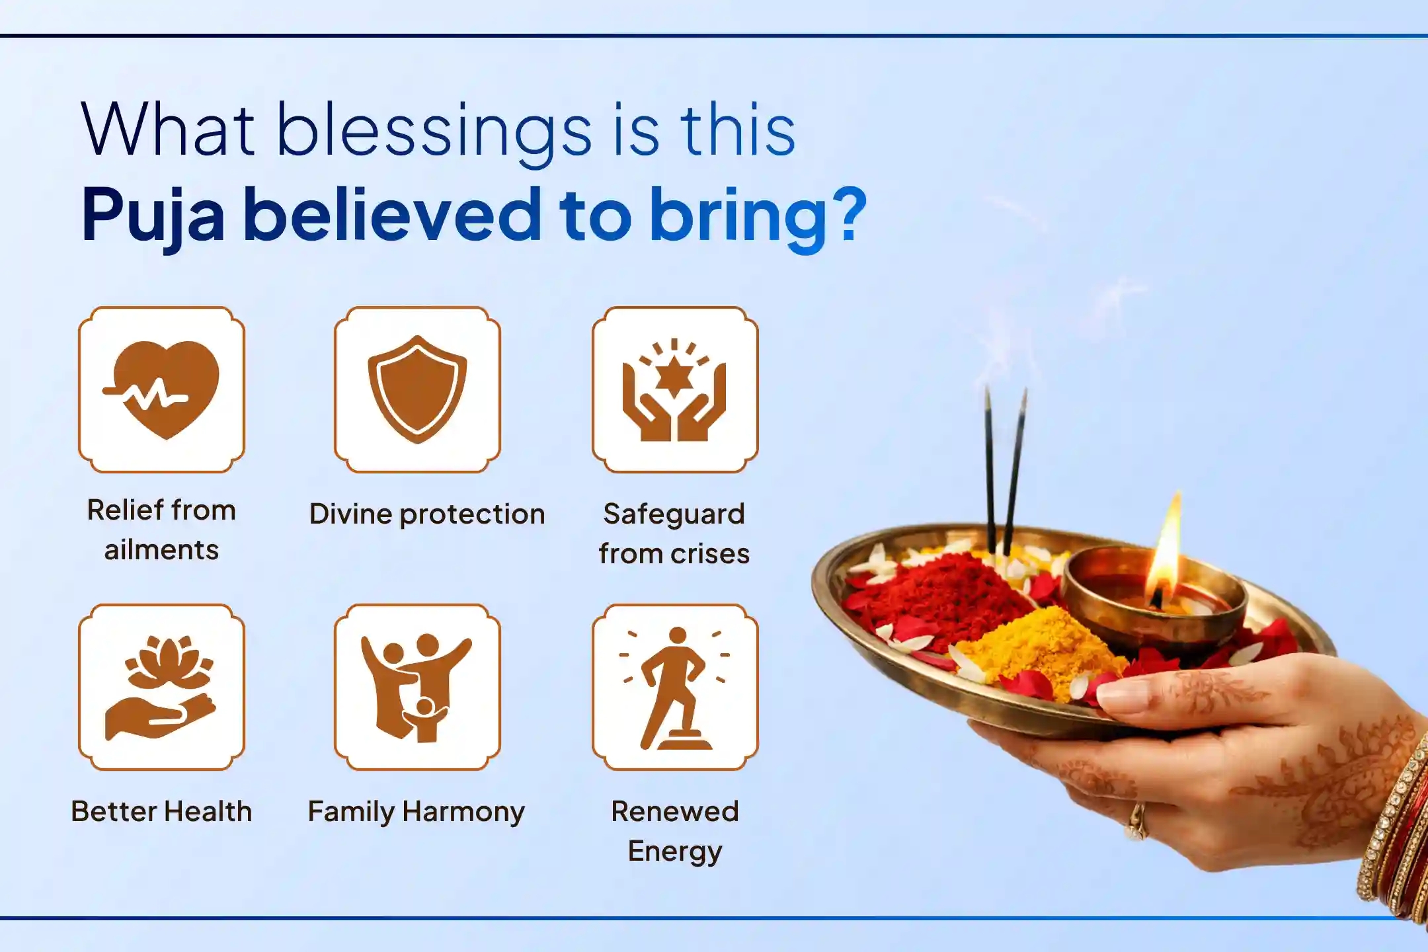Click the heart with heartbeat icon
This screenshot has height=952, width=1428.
(x=161, y=389)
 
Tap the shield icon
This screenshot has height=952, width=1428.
(x=417, y=389)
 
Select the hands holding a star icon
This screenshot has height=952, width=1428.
(x=674, y=389)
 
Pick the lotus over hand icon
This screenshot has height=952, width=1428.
(x=161, y=687)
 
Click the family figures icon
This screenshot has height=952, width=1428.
(x=417, y=687)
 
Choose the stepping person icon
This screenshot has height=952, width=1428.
(x=674, y=687)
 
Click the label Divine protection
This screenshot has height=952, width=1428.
(x=427, y=514)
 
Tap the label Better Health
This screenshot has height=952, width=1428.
(x=161, y=811)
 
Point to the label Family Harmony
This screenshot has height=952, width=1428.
(x=416, y=811)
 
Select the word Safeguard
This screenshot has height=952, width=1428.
(x=674, y=514)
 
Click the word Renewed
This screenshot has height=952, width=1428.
(x=674, y=811)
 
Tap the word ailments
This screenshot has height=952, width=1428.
(x=161, y=550)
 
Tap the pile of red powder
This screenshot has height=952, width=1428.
(x=939, y=595)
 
